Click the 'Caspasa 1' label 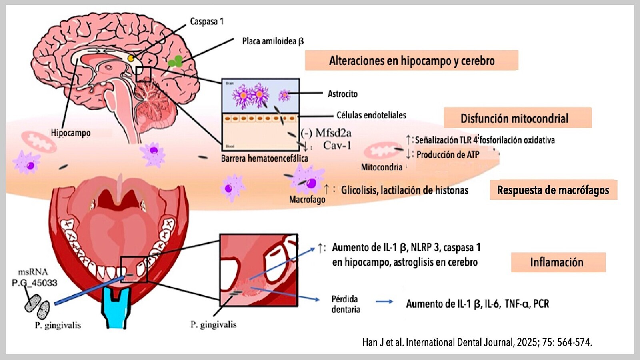pyautogui.click(x=206, y=21)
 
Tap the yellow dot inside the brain pyautogui.click(x=131, y=58)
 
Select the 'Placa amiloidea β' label pyautogui.click(x=273, y=41)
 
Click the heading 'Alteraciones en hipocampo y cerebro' pyautogui.click(x=412, y=61)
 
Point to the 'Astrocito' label pyautogui.click(x=342, y=94)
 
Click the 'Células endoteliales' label pyautogui.click(x=371, y=115)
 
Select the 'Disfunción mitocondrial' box pyautogui.click(x=514, y=118)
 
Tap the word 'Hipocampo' pyautogui.click(x=70, y=133)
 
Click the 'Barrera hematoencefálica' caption pyautogui.click(x=264, y=158)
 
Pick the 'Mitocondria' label pyautogui.click(x=382, y=167)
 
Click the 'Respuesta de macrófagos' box pyautogui.click(x=553, y=190)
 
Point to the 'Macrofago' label pyautogui.click(x=307, y=199)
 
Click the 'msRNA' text pyautogui.click(x=33, y=272)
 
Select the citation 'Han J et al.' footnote pyautogui.click(x=477, y=342)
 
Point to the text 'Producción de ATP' pyautogui.click(x=448, y=155)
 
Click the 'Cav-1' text pyautogui.click(x=337, y=145)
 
